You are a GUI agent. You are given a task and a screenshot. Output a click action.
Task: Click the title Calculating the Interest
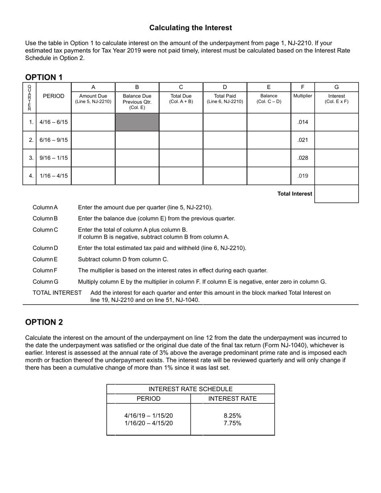click(x=190, y=28)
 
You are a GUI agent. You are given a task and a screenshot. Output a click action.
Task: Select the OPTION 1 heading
click(x=44, y=77)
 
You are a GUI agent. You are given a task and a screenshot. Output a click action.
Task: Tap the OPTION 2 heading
click(x=44, y=322)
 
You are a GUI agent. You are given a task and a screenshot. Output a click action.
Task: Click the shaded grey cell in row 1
click(x=137, y=122)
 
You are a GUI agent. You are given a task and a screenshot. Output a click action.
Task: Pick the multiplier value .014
click(x=303, y=122)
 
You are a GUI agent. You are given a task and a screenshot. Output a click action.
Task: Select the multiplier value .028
click(x=303, y=158)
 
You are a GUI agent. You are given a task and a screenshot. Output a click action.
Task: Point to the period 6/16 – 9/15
click(x=54, y=140)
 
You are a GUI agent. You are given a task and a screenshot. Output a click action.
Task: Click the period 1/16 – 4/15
click(x=54, y=176)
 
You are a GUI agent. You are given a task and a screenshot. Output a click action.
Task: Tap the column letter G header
click(x=336, y=87)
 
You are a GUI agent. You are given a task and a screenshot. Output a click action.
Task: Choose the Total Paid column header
click(x=225, y=99)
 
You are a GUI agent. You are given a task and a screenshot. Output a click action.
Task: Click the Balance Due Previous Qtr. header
click(x=137, y=102)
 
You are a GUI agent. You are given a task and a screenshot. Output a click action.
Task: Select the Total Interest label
click(x=295, y=194)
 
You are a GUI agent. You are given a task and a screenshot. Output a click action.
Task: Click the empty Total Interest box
click(x=336, y=194)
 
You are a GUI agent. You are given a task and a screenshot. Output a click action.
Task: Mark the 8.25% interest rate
click(x=233, y=416)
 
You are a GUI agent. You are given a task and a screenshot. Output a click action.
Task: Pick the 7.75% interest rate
click(x=233, y=423)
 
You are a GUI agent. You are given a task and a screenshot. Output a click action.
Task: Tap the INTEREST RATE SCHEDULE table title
click(x=190, y=389)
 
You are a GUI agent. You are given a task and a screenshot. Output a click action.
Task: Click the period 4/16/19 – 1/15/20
click(x=148, y=416)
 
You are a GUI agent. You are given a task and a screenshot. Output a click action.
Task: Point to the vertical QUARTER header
click(x=29, y=98)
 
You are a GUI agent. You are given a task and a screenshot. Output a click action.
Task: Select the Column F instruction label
click(x=45, y=271)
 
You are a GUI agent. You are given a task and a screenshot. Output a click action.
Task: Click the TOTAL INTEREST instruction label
click(x=57, y=293)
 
